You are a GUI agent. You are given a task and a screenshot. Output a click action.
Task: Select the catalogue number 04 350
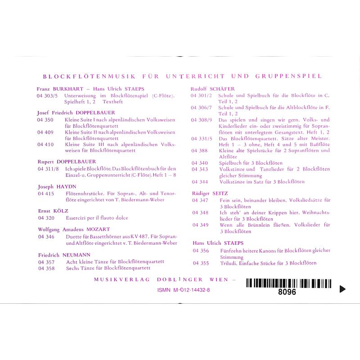(46, 120)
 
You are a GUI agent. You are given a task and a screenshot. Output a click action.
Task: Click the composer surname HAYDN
(67, 186)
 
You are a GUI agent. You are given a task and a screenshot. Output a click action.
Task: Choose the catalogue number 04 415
(46, 193)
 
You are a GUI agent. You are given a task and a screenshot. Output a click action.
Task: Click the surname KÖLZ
(60, 211)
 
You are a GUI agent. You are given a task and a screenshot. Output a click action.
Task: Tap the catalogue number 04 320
(46, 218)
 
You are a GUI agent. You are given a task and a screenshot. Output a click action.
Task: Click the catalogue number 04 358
(46, 268)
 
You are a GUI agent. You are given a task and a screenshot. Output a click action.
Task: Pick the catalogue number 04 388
(199, 150)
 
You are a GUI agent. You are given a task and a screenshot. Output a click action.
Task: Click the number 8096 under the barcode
(288, 292)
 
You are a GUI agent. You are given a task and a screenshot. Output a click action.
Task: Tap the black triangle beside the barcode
(342, 289)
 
